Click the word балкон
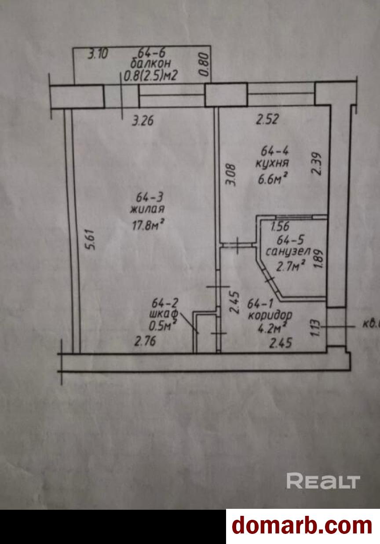click(x=150, y=64)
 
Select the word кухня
click(x=272, y=163)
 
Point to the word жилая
click(x=147, y=208)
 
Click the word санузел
click(x=288, y=252)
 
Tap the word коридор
click(x=270, y=316)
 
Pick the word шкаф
click(x=164, y=314)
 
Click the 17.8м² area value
click(x=147, y=225)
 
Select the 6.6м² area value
click(x=271, y=179)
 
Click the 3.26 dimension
click(x=143, y=120)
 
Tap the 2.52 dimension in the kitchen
click(x=268, y=119)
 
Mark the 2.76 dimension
click(x=145, y=342)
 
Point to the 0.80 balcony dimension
click(x=205, y=65)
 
